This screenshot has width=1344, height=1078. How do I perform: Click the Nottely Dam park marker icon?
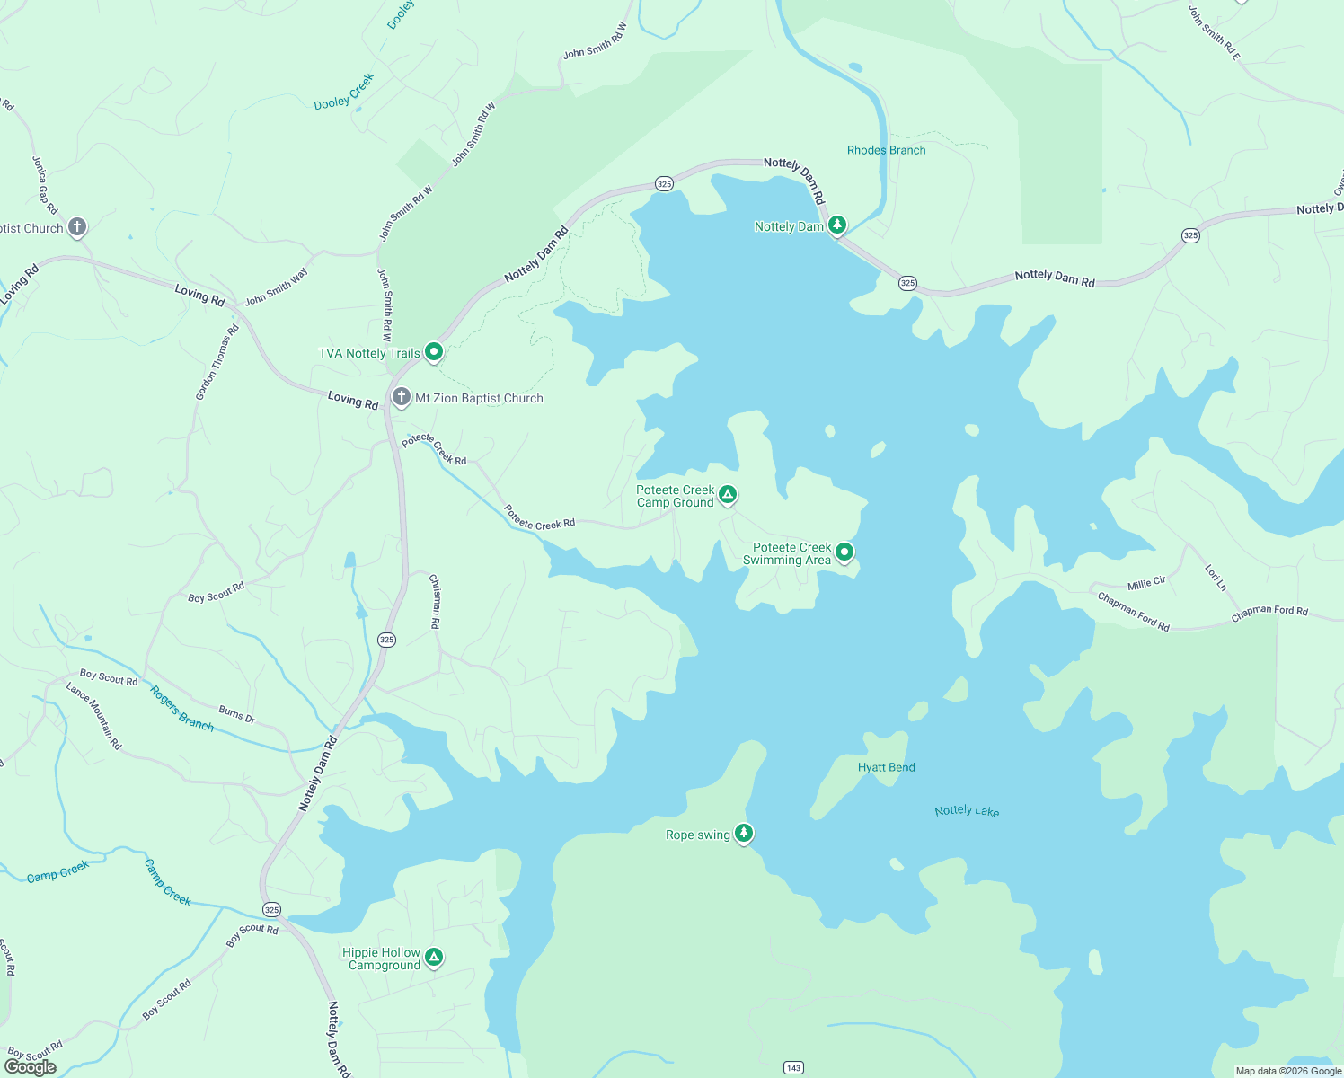coord(837,225)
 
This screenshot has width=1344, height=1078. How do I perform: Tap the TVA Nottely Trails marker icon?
coord(434,351)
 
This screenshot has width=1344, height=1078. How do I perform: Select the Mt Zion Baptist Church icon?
coord(402,396)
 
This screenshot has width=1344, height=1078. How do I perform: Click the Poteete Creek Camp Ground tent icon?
coord(728,494)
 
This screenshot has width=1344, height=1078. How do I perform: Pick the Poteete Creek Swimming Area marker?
coord(844,552)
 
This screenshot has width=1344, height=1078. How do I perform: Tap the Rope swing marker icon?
coord(744,833)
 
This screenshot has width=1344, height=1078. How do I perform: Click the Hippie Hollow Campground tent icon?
coord(434,957)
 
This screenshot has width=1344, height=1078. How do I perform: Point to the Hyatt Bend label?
coord(886,767)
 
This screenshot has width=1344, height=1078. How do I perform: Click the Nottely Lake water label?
coord(967,810)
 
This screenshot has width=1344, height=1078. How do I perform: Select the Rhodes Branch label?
coord(886,150)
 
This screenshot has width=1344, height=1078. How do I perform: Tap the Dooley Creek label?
coord(344,93)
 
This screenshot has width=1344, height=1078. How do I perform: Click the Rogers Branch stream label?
coord(182,709)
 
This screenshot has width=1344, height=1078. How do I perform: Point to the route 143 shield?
coord(793,1067)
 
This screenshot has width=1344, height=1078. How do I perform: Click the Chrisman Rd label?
coord(435,601)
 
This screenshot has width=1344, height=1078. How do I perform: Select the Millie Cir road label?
coord(1146,583)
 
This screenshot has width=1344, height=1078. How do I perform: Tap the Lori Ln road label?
coord(1216,578)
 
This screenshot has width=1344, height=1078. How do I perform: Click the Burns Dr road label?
coord(237,714)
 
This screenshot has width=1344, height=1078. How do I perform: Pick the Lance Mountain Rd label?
coord(93,716)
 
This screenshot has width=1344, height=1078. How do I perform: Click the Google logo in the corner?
coord(31,1067)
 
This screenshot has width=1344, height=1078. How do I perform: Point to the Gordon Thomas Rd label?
coord(217,362)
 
